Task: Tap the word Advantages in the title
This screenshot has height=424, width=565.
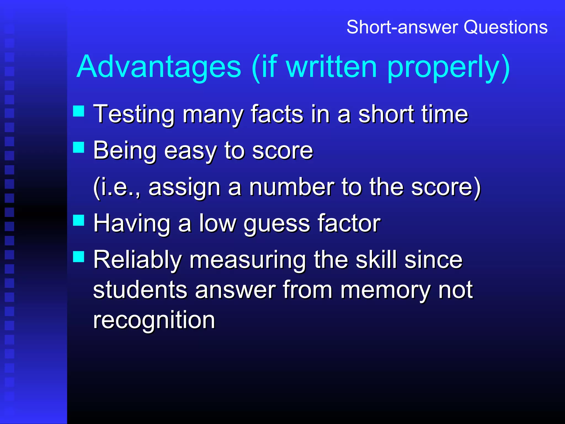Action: tap(159, 67)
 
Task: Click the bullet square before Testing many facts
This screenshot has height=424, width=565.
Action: tap(79, 111)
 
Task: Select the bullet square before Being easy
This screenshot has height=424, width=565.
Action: tap(79, 147)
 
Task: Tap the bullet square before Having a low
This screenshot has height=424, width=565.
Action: tap(79, 220)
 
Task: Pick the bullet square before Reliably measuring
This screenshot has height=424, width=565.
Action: tap(79, 256)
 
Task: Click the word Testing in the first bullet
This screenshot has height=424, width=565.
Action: tap(134, 114)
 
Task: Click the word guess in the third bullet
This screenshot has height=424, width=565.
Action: tap(277, 224)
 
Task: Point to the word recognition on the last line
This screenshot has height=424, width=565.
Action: tap(154, 320)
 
